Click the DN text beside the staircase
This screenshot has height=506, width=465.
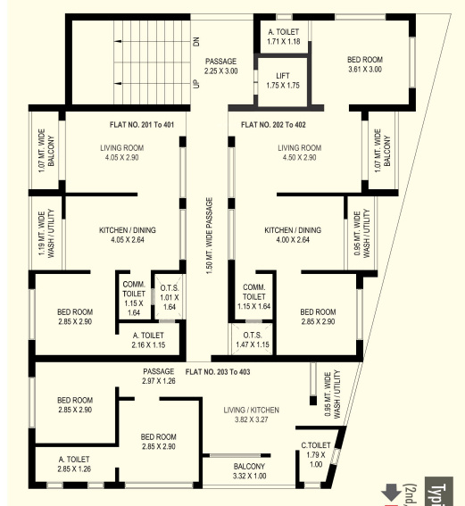click(x=195, y=41)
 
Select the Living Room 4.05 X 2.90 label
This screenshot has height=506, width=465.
click(x=125, y=153)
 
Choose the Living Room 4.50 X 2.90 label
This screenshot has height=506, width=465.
click(x=299, y=153)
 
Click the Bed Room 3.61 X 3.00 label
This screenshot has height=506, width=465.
click(x=364, y=64)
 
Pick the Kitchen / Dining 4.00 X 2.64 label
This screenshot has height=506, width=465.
click(x=292, y=235)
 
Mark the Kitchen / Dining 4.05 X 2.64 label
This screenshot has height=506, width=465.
click(x=127, y=235)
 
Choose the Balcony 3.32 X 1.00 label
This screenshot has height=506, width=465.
click(x=249, y=471)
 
